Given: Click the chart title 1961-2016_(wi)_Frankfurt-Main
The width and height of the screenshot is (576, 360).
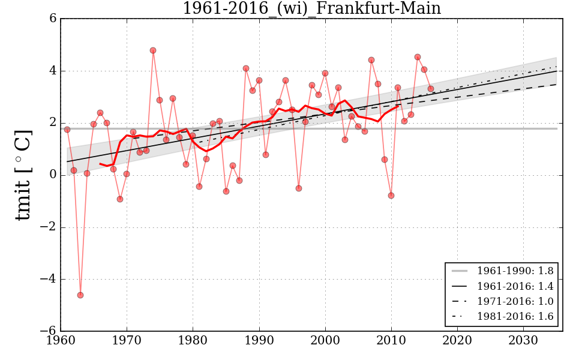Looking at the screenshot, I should [311, 8].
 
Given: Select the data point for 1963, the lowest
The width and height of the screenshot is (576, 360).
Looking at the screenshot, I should [80, 295].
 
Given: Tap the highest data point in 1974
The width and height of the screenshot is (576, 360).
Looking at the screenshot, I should [153, 50].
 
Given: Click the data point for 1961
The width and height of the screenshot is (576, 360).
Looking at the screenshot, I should [67, 130].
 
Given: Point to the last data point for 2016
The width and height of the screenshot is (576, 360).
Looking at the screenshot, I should [430, 89].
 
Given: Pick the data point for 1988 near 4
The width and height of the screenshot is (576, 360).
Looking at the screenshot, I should [246, 68].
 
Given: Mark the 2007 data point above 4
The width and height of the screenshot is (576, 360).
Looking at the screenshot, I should [371, 60].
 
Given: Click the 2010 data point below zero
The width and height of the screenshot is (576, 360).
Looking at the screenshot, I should [391, 196].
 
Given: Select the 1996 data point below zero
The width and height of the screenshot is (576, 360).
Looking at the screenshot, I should [299, 188].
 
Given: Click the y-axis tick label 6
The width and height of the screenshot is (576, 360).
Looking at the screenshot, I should [53, 19].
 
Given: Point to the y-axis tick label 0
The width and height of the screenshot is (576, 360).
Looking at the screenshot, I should [53, 175].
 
